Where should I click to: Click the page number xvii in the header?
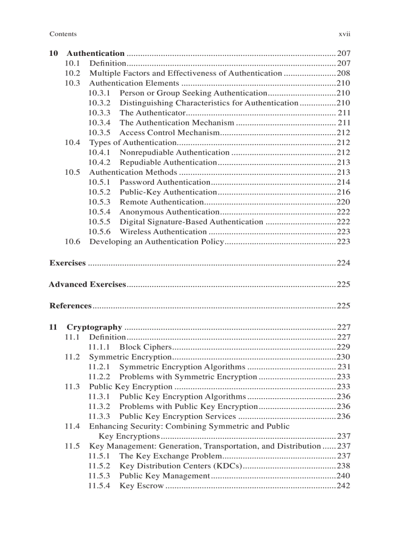(x=344, y=34)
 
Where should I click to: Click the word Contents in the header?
(x=63, y=34)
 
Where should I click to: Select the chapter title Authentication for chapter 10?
(x=96, y=53)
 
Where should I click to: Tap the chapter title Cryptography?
(x=94, y=327)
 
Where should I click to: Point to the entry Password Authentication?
(x=165, y=182)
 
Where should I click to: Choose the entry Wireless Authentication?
(x=163, y=232)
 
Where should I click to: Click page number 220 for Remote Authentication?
(x=343, y=202)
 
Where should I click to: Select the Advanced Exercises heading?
(x=87, y=285)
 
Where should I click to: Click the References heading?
(x=71, y=306)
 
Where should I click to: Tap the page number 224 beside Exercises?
(x=343, y=263)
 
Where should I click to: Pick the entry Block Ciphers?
(x=146, y=347)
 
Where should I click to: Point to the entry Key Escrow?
(x=141, y=485)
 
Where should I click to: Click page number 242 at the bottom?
(x=343, y=485)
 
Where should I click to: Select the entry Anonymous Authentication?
(x=169, y=212)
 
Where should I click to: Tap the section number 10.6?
(x=73, y=241)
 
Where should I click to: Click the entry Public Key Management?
(x=164, y=476)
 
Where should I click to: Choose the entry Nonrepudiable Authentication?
(x=174, y=152)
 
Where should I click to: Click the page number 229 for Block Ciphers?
(x=343, y=347)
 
